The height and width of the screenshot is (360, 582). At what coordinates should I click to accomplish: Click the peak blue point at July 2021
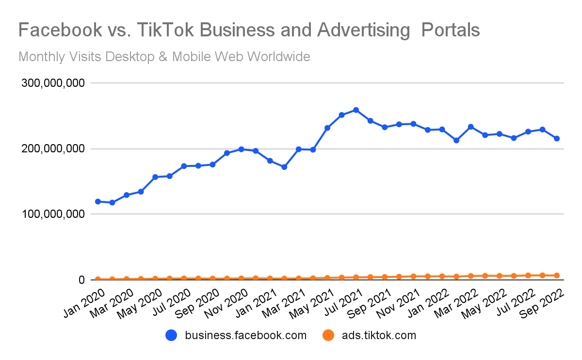356,110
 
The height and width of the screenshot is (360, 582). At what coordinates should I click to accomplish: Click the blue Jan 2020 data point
98,201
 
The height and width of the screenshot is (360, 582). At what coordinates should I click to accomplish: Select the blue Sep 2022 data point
557,139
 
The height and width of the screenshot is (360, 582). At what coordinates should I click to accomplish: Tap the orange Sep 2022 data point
557,276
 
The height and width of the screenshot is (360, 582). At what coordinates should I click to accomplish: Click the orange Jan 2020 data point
98,279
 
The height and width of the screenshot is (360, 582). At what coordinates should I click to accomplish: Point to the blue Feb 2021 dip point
284,167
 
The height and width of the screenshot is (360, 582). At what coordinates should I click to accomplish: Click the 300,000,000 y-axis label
53,83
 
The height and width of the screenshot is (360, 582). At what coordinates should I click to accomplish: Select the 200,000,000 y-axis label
53,149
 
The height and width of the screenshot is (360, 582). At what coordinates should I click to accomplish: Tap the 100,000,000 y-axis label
53,214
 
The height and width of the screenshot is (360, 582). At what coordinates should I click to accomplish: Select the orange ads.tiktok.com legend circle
329,335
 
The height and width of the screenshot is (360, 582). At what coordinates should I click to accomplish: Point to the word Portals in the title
451,30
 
